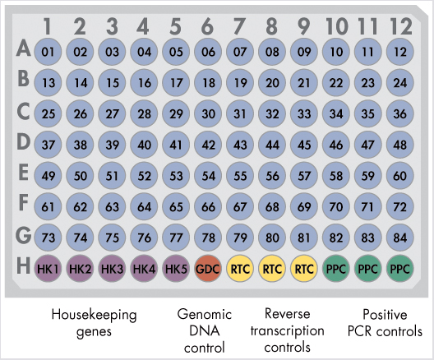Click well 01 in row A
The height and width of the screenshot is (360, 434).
[x=48, y=52]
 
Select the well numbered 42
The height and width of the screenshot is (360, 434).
[x=208, y=145]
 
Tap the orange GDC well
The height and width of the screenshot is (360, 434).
[x=208, y=269]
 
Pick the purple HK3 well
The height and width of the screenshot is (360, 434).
[x=112, y=269]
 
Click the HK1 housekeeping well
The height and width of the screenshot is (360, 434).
[x=48, y=269]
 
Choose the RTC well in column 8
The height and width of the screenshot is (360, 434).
[x=272, y=269]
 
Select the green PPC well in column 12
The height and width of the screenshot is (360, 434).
[x=400, y=269]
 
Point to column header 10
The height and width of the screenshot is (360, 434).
[x=336, y=26]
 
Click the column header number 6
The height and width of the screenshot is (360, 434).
[x=207, y=26]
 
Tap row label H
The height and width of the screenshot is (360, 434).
[x=23, y=265]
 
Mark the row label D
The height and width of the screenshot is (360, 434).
[x=23, y=141]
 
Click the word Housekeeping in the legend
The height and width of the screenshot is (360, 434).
[x=94, y=315]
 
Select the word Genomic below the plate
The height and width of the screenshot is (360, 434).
[x=205, y=314]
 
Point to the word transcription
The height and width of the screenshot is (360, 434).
[x=288, y=330]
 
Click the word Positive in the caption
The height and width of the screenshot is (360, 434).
[x=385, y=314]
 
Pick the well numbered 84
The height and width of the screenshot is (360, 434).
[x=400, y=238]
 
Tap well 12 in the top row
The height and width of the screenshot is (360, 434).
[x=400, y=52]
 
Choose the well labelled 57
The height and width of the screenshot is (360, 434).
[x=304, y=176]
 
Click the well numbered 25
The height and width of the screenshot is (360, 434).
[x=48, y=113]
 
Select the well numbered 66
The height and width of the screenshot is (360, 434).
[x=208, y=206]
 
